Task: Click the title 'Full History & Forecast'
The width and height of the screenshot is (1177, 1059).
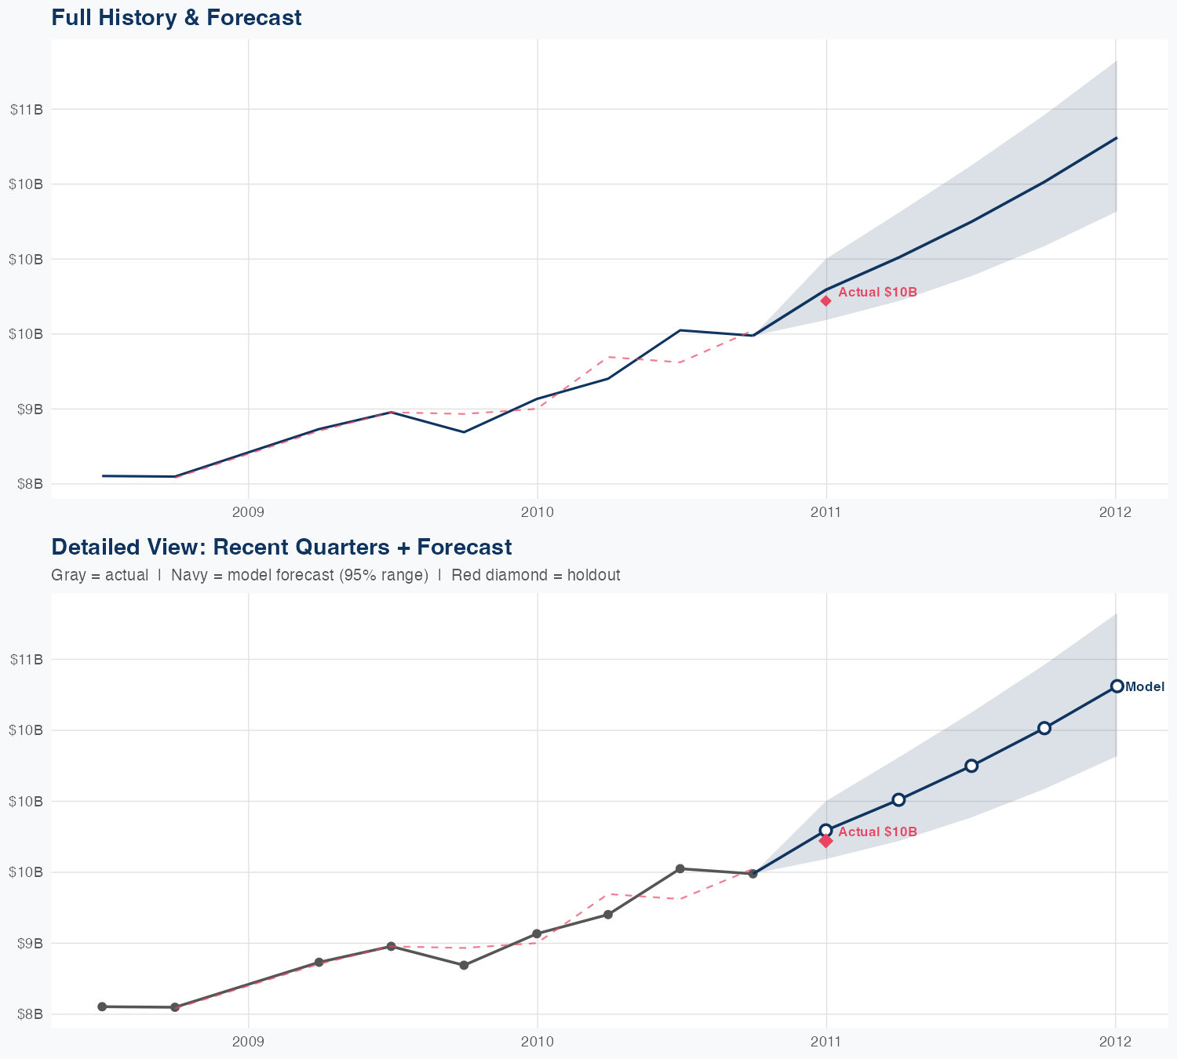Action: tap(176, 17)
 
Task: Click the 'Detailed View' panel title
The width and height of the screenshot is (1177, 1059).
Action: tap(281, 547)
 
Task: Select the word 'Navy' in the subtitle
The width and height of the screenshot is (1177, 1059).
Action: tap(188, 575)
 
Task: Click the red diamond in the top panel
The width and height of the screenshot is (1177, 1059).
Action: tap(825, 300)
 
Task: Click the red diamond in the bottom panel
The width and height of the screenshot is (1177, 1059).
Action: tap(825, 841)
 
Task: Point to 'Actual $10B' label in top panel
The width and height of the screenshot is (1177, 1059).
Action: tap(877, 292)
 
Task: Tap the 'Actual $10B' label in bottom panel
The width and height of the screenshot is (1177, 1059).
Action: tap(877, 832)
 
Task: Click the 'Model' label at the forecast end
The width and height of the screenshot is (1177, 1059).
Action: tap(1145, 686)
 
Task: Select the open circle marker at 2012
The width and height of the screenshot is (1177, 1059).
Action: tap(1117, 686)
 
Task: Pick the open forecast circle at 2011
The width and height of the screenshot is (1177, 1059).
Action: tap(825, 830)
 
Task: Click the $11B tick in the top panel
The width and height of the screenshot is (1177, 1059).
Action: tap(27, 109)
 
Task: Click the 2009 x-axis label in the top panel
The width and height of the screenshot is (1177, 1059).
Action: tap(248, 512)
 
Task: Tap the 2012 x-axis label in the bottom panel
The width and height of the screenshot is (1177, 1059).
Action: tap(1115, 1042)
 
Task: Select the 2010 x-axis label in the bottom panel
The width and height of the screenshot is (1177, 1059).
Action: tap(537, 1042)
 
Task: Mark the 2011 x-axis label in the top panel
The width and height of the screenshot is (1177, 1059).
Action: tap(825, 512)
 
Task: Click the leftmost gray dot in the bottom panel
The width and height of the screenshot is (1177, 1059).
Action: tap(102, 1006)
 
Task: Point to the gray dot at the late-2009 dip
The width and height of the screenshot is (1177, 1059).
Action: tap(464, 965)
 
